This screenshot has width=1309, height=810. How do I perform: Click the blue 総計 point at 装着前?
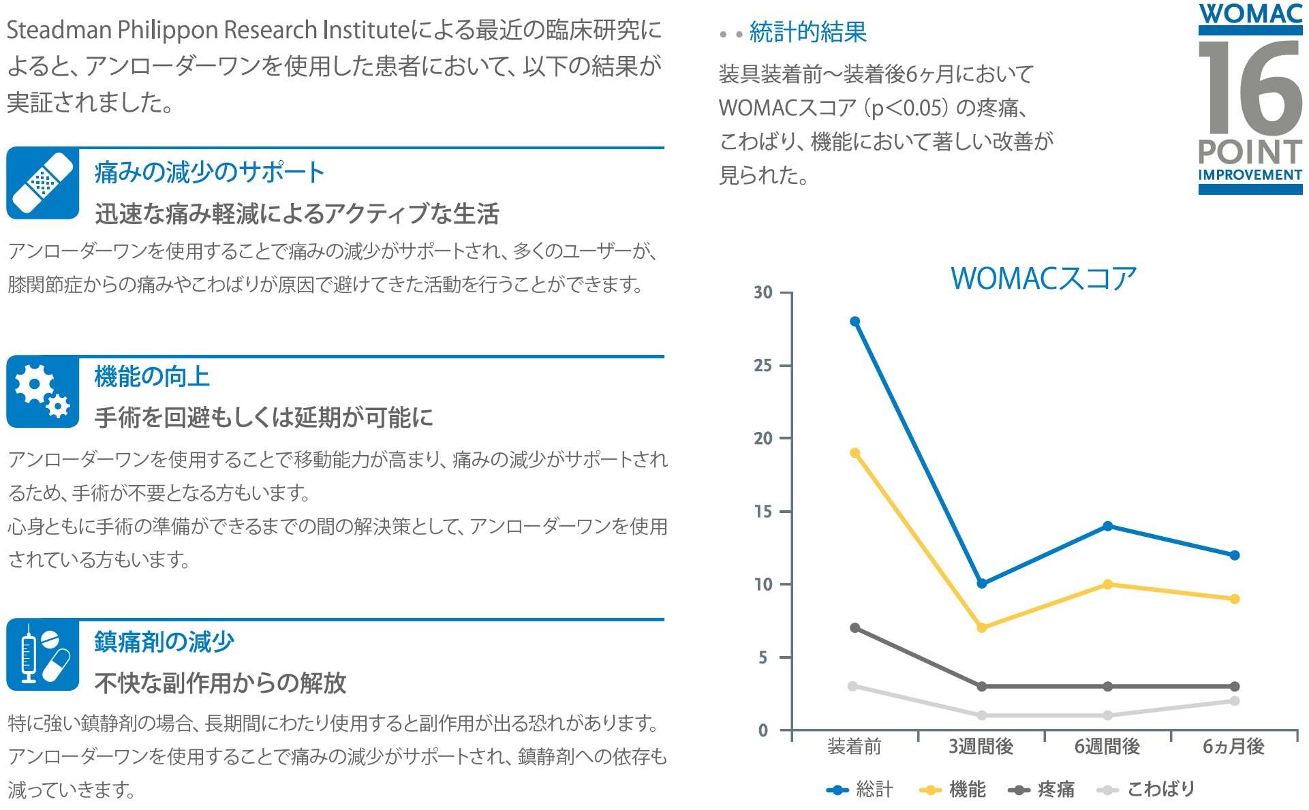click(854, 322)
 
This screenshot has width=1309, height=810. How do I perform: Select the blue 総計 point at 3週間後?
click(981, 583)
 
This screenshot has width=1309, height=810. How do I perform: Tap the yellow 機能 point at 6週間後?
click(1107, 585)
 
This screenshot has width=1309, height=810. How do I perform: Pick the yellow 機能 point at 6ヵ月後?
click(1234, 599)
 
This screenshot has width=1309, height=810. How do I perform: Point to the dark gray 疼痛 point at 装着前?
click(854, 627)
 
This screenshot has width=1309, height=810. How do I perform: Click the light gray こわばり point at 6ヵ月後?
click(1234, 701)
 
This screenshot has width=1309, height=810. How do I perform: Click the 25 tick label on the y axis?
click(763, 366)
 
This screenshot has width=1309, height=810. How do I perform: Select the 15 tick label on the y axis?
click(763, 512)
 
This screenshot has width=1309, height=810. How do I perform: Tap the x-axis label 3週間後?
click(981, 747)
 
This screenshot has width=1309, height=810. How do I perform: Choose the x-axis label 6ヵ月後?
click(1233, 747)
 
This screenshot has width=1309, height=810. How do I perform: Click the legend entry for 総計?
click(860, 790)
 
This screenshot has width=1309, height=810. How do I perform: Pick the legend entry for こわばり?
click(1146, 790)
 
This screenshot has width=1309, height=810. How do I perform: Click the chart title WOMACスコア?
click(1043, 279)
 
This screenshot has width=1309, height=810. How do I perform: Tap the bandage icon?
click(43, 183)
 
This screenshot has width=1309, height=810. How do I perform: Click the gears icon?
click(43, 392)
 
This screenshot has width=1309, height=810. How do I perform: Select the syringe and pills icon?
click(43, 655)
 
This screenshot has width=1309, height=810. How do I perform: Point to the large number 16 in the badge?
click(1250, 87)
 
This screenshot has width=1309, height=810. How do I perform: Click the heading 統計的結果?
click(807, 32)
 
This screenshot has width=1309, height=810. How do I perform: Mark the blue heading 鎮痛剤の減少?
click(164, 642)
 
